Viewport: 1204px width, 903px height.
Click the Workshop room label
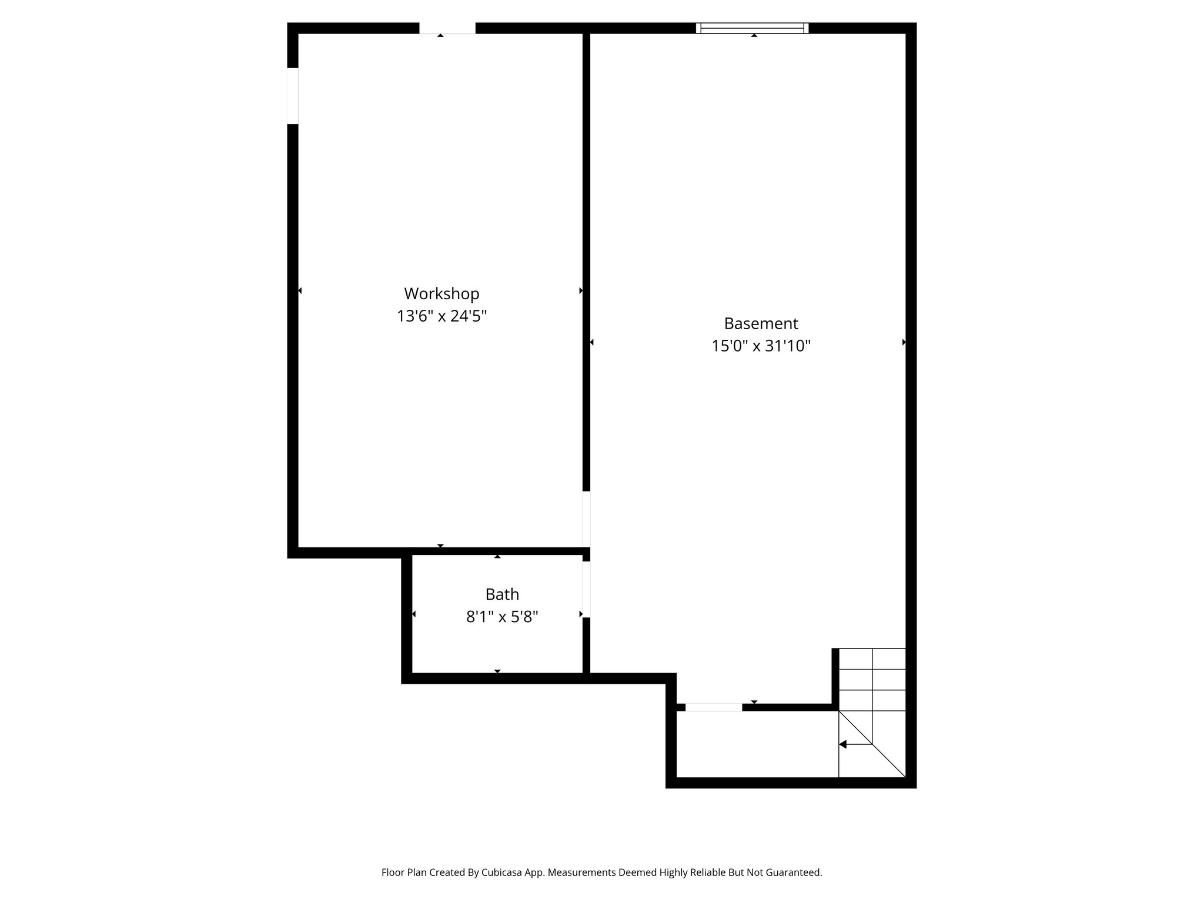(442, 293)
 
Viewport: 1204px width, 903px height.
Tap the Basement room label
(761, 323)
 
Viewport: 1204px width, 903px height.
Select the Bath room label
(502, 594)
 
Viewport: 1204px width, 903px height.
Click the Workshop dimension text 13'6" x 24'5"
(442, 316)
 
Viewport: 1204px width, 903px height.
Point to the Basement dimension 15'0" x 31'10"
(761, 346)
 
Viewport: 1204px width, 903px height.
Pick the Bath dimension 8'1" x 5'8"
(502, 617)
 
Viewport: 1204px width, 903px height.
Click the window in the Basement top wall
(752, 28)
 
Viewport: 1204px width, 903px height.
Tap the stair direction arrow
(843, 744)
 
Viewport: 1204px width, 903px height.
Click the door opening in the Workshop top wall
(447, 28)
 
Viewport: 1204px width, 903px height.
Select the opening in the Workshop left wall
(293, 96)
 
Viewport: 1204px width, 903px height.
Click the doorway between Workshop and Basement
(586, 519)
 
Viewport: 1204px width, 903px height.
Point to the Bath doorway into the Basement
(586, 589)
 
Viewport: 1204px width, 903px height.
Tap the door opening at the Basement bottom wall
(713, 707)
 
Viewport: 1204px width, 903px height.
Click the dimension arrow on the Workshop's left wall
(300, 290)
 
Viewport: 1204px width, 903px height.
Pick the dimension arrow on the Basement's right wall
(904, 342)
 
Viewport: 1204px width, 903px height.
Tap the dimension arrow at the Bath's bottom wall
(497, 671)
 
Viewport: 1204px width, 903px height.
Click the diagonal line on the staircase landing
(872, 744)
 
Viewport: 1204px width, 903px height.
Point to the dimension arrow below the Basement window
(754, 36)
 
